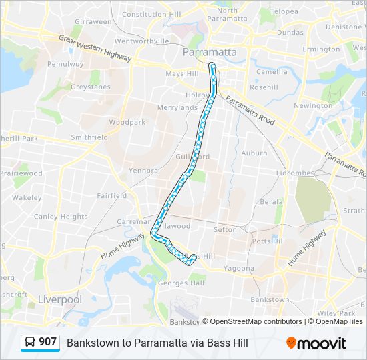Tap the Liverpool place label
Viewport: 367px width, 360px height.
(x=60, y=299)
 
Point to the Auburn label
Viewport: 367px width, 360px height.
(x=254, y=153)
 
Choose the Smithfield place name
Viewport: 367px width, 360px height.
(x=89, y=137)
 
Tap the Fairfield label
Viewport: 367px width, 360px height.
(x=111, y=196)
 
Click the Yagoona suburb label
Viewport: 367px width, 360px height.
(x=238, y=269)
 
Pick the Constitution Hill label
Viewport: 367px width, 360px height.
(x=148, y=14)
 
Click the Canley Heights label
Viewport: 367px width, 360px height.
(x=61, y=217)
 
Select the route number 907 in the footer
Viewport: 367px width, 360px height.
(x=47, y=342)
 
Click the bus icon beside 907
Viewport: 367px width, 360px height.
(x=30, y=343)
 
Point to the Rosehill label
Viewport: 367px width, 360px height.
(x=264, y=87)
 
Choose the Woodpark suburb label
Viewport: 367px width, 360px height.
(x=127, y=123)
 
